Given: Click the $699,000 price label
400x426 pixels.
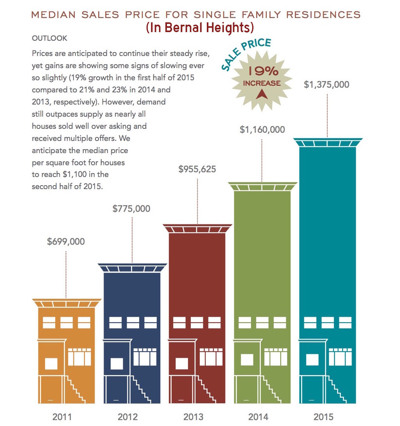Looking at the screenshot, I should [x=66, y=241].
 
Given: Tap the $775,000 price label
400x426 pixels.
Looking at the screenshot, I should [x=131, y=208].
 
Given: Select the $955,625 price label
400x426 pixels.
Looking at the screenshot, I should [x=197, y=170].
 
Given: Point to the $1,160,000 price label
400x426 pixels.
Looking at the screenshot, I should [x=262, y=129].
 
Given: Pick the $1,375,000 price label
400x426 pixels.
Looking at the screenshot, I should [x=326, y=85].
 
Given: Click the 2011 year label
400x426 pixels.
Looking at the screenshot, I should [x=62, y=417].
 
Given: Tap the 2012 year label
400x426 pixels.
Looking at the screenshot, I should [x=127, y=417].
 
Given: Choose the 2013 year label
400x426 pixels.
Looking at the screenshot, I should [x=193, y=417].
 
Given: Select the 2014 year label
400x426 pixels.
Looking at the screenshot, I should [x=258, y=417].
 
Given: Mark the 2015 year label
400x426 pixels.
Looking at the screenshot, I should [x=324, y=417].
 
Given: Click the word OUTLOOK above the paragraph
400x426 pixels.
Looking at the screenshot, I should [x=50, y=38].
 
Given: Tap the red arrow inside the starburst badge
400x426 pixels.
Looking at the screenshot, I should [x=261, y=94].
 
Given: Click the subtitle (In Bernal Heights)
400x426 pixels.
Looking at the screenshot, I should [x=200, y=28].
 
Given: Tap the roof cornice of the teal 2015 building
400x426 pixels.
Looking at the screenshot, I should [x=328, y=142].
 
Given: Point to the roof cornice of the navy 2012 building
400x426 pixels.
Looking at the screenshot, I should [x=132, y=267].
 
